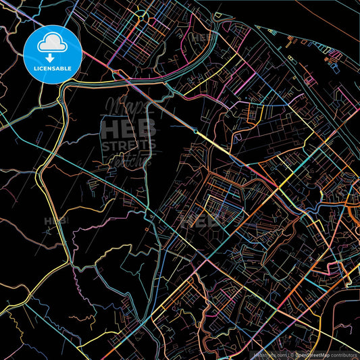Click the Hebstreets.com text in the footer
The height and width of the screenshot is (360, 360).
(x=267, y=354)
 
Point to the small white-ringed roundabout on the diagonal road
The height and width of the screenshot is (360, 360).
(x=196, y=132)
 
